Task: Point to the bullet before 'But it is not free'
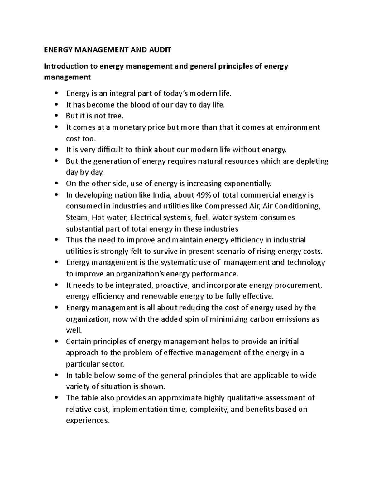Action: (56, 116)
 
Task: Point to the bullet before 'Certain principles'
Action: (56, 342)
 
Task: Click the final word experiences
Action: (88, 420)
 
